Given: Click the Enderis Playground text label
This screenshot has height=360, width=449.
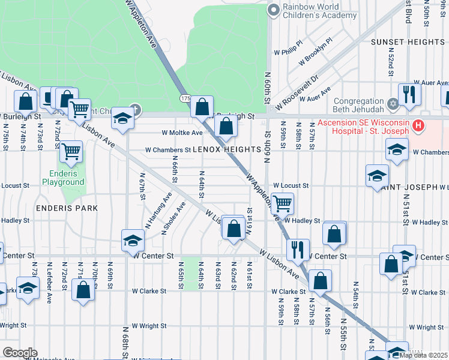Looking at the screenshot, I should point(63,178).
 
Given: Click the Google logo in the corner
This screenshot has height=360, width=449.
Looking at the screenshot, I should point(20,353).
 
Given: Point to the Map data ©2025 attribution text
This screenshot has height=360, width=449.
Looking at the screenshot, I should point(423,355).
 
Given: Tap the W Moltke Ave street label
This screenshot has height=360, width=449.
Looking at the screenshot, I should point(182,133).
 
